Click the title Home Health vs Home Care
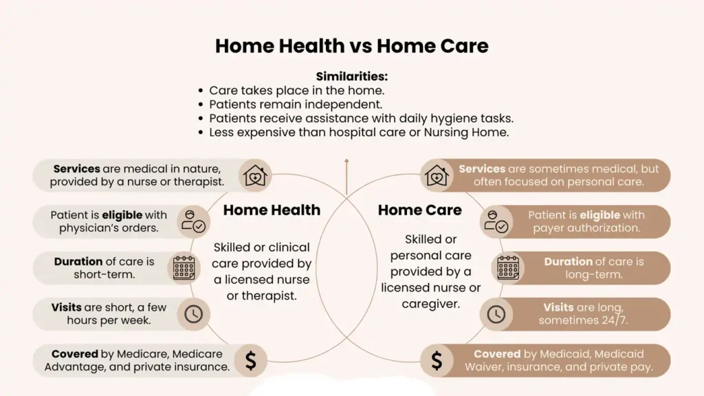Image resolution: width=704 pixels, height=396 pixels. [351, 46]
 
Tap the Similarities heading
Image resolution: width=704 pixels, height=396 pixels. [352, 76]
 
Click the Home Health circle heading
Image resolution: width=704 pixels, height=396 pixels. [272, 210]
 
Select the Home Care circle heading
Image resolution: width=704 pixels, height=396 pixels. [419, 210]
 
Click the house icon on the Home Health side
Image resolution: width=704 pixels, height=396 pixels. [254, 176]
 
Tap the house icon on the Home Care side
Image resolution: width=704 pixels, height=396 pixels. [437, 176]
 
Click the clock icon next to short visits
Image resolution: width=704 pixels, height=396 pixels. [193, 314]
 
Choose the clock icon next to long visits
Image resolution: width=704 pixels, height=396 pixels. [496, 314]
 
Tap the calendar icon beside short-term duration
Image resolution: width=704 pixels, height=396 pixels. [184, 268]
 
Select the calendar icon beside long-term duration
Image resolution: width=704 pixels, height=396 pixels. [508, 268]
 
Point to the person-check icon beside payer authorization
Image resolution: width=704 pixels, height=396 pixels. [496, 221]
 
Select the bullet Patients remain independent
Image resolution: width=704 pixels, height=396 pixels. [296, 104]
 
